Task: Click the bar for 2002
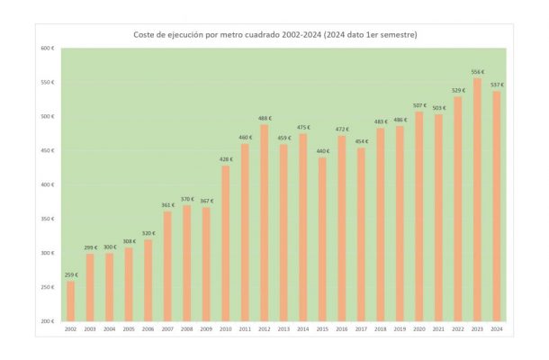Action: pos(71,301)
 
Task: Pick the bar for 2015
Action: pos(322,238)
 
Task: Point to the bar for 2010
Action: pos(226,243)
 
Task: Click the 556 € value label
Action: pos(477,72)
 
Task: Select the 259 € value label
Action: pos(71,274)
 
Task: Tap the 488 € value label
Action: pos(265,118)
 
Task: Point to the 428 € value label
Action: pos(226,159)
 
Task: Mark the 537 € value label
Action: pos(496,85)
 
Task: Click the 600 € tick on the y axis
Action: pos(47,48)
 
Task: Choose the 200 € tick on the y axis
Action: pos(47,321)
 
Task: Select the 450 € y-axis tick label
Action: pos(47,150)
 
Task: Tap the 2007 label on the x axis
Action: pos(167,329)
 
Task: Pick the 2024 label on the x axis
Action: pos(496,329)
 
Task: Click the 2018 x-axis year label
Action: pos(380,329)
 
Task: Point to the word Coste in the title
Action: pos(147,34)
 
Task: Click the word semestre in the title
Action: pos(393,34)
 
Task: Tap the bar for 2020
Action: pos(418,216)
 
